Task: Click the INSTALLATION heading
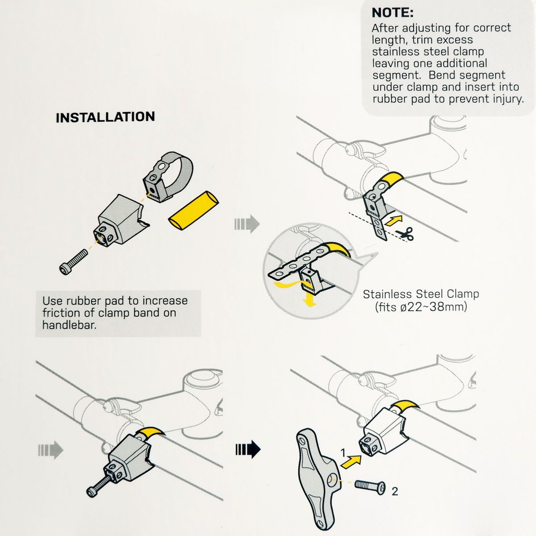point(105,117)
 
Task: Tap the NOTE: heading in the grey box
point(393,13)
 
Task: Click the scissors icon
point(405,233)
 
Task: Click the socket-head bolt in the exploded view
point(73,262)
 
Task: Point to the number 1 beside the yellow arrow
point(343,453)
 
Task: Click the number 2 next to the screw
point(395,491)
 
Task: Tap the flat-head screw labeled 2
point(370,485)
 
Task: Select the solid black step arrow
point(248,449)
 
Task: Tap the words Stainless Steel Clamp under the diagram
point(421,294)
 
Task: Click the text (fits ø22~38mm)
point(421,306)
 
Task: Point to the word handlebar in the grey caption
point(70,325)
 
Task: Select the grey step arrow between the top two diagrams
point(247,224)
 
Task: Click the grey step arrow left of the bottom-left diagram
point(51,450)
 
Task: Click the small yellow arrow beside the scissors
point(394,220)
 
